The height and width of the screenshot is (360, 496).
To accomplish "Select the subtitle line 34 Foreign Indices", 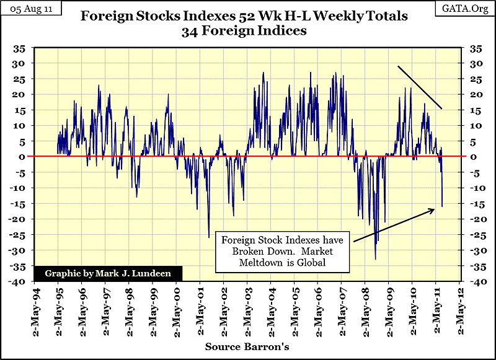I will (x=244, y=31).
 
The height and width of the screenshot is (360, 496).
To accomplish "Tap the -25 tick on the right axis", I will (x=477, y=234).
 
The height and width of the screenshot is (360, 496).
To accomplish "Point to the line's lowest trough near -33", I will (x=375, y=258).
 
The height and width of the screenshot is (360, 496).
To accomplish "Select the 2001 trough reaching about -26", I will (x=209, y=237).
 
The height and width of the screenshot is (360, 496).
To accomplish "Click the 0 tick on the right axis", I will (x=476, y=157).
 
